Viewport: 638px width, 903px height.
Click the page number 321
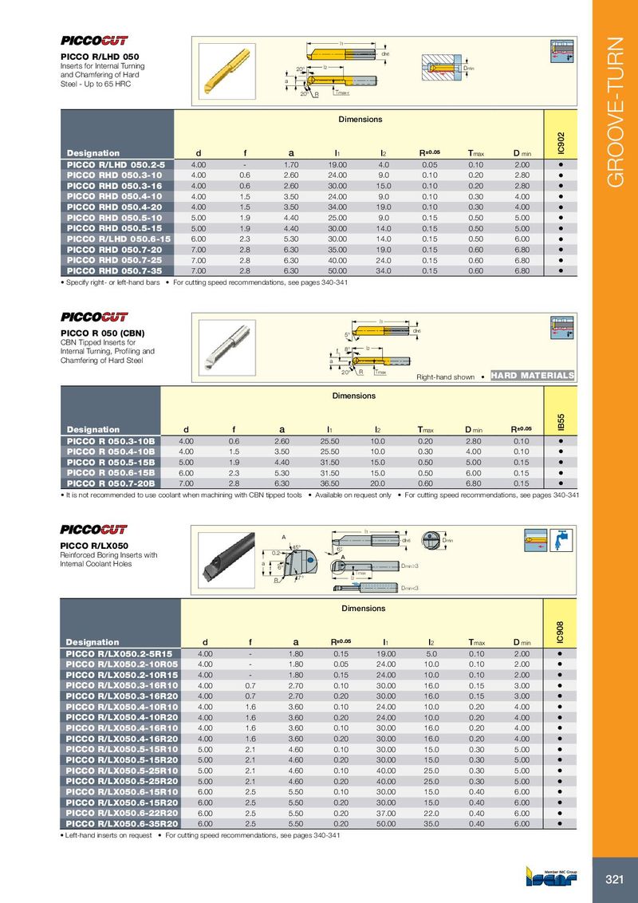pos(614,879)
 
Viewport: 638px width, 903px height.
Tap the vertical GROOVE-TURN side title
pos(616,112)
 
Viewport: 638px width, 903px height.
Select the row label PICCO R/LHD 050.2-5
pos(116,164)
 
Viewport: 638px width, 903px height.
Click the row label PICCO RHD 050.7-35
pos(116,270)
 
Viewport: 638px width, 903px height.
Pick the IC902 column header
pos(561,144)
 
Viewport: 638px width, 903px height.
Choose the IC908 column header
pos(561,632)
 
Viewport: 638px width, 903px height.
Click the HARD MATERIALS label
pos(533,376)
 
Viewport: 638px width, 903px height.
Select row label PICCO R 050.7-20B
pos(112,483)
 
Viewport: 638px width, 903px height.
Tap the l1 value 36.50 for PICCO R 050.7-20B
pos(339,483)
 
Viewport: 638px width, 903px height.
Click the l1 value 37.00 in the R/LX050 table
pos(385,811)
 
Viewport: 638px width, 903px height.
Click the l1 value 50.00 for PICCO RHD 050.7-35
pos(339,270)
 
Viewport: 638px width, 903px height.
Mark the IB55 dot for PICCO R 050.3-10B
pos(561,440)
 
